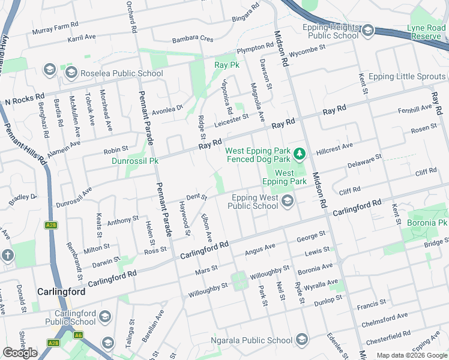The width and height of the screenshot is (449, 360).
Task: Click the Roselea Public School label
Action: tap(122, 74)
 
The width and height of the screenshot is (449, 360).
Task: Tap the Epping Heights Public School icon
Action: tap(367, 30)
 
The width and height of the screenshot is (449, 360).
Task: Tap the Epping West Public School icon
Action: tap(288, 202)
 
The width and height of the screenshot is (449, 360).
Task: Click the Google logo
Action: tap(20, 353)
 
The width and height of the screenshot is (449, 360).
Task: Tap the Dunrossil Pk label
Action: tap(135, 161)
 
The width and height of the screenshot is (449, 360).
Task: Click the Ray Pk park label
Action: tap(227, 64)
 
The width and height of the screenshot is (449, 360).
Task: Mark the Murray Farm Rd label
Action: tap(56, 29)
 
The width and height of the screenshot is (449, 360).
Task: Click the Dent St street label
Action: tap(196, 196)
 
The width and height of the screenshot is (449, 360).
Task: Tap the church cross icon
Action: tap(7, 255)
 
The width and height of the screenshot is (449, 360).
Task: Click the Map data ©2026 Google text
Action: tap(411, 355)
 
